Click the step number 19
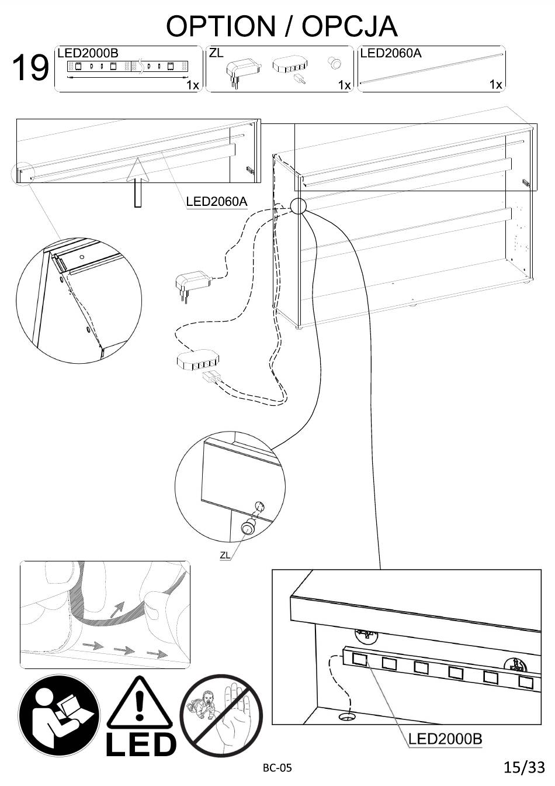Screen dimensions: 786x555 pyautogui.click(x=30, y=68)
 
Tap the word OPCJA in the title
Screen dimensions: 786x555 pyautogui.click(x=350, y=26)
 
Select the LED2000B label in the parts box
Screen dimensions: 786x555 pyautogui.click(x=88, y=53)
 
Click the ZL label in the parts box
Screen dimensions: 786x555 pyautogui.click(x=216, y=53)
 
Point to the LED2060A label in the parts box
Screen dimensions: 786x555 pyautogui.click(x=391, y=53)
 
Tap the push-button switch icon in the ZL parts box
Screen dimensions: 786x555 pyautogui.click(x=335, y=62)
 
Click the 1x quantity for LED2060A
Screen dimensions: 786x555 pyautogui.click(x=495, y=85)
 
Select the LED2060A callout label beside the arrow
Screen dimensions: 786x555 pyautogui.click(x=217, y=202)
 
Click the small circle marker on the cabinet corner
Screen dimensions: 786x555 pyautogui.click(x=299, y=205)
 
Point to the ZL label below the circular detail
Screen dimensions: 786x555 pyautogui.click(x=225, y=555)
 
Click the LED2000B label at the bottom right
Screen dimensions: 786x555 pyautogui.click(x=445, y=739)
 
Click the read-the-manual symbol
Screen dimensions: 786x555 pyautogui.click(x=59, y=716)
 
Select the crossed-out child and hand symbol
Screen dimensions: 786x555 pyautogui.click(x=221, y=716)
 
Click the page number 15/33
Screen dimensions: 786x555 pyautogui.click(x=524, y=767)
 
